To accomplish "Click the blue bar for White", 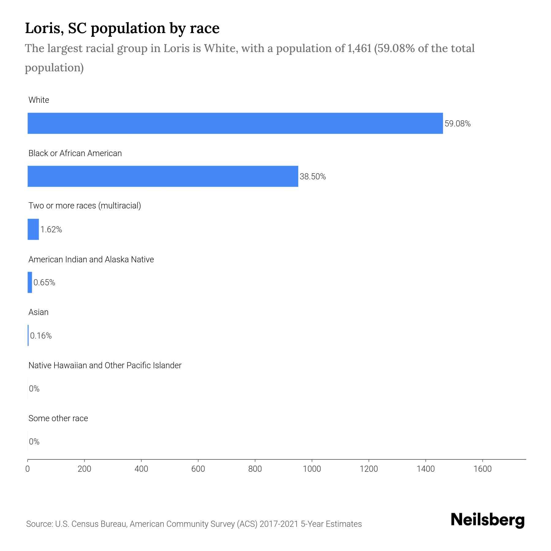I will pos(235,123).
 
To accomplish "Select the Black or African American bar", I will pos(163,176).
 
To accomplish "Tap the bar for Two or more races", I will pos(33,229).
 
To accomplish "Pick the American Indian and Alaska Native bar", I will pos(30,282).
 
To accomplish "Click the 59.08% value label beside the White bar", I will pos(457,124).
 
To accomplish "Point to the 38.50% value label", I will pos(313,177).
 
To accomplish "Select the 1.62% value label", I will pos(51,230).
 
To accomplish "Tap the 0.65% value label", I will pos(44,283).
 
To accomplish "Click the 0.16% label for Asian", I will pos(41,336).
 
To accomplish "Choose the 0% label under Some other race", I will pos(34,441).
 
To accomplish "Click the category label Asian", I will pos(38,312).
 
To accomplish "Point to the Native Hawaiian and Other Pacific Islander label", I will pos(105,365).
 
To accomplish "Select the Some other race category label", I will pos(58,418).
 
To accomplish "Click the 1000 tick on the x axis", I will pos(312,469).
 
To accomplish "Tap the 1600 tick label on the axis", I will pos(482,469).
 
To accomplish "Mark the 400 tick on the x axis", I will pos(141,469).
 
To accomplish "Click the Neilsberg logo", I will pos(488,520).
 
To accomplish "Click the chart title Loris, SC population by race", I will pos(122,28).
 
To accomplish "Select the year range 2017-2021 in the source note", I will pos(279,524).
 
